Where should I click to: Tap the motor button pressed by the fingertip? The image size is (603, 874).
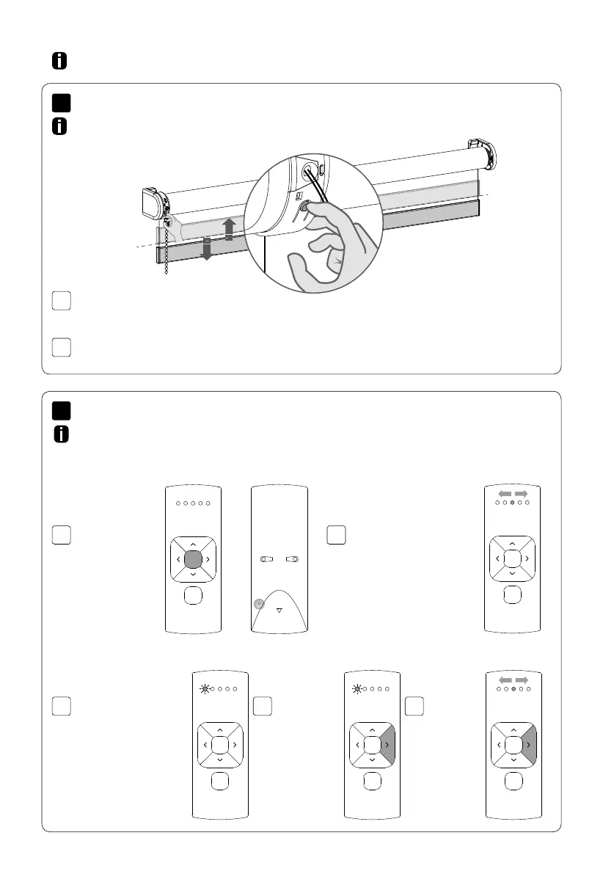tap(303, 209)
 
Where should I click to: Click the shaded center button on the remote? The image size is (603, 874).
tap(191, 561)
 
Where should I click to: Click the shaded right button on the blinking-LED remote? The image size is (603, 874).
tap(387, 744)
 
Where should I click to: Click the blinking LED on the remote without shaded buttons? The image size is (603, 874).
tap(204, 689)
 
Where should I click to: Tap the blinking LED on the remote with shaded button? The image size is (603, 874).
tap(357, 689)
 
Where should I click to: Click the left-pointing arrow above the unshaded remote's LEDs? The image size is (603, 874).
tap(504, 493)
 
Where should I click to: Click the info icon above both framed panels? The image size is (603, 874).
tap(60, 62)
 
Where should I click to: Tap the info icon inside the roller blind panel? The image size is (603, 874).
tap(60, 127)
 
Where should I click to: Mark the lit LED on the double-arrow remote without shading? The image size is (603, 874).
tap(513, 503)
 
